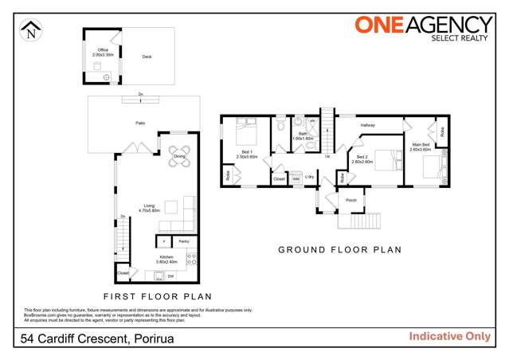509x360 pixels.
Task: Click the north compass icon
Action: [29, 32]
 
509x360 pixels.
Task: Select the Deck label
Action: [147, 57]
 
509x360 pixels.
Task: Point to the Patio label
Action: [140, 123]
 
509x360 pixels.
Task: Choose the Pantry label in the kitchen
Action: [182, 241]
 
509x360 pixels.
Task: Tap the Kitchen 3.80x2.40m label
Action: [166, 259]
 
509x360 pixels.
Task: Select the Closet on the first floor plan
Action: [122, 272]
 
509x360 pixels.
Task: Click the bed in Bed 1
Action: [247, 131]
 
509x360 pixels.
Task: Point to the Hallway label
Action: [367, 126]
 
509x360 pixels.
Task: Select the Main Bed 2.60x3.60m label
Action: [420, 147]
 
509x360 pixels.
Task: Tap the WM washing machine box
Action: [295, 179]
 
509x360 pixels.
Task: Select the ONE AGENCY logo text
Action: [423, 25]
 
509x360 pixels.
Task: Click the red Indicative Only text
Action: [449, 336]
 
